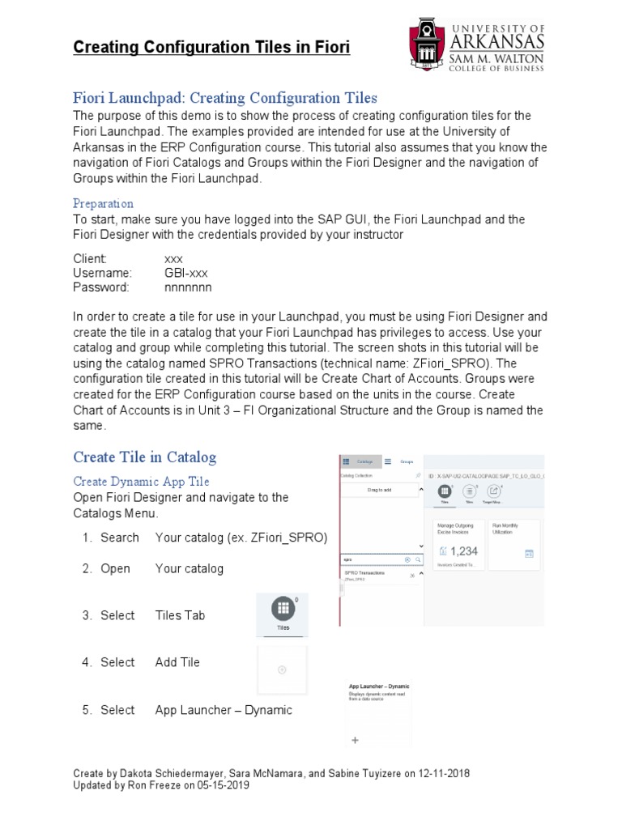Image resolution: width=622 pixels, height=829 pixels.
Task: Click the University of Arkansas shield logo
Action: (429, 45)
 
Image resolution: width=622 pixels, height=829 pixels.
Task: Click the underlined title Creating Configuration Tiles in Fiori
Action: (211, 48)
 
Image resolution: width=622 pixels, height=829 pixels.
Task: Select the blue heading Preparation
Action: (103, 203)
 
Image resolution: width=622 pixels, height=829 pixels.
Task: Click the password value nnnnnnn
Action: (188, 287)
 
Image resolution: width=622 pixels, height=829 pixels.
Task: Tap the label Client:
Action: (90, 259)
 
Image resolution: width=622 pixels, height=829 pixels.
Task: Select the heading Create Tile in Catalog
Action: (145, 457)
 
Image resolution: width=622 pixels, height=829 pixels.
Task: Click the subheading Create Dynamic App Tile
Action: (140, 481)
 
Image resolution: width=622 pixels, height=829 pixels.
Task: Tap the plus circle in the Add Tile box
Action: (281, 670)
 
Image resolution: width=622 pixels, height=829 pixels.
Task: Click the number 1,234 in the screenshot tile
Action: (463, 551)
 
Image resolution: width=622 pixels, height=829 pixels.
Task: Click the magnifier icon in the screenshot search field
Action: (418, 559)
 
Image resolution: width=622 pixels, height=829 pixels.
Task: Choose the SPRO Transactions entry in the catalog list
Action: (363, 572)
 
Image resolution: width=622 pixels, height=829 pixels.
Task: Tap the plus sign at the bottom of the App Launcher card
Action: (354, 740)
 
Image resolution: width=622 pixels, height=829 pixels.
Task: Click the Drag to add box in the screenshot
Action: (379, 491)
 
